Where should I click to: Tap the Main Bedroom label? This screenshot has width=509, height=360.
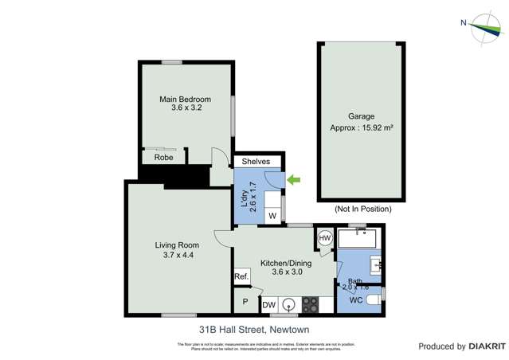point(185,100)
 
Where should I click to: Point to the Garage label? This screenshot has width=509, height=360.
point(361,116)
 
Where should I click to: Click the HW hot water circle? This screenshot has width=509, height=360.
point(325,238)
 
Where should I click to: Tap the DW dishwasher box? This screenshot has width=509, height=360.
point(269,303)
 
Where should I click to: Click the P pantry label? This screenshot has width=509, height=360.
point(245,303)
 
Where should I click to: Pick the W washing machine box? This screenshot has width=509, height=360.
point(272,216)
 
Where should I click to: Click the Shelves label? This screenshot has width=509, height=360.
point(256,162)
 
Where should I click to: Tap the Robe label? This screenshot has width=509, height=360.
point(163,158)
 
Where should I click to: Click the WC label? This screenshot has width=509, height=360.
point(356,300)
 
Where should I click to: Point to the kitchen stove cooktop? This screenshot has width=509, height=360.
point(310,303)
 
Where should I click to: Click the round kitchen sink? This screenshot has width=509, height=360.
point(289,303)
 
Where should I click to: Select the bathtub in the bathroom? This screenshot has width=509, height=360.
point(359,239)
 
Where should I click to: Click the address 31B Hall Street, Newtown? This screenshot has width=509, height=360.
point(253,329)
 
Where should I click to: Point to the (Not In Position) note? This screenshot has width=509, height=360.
point(363,209)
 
